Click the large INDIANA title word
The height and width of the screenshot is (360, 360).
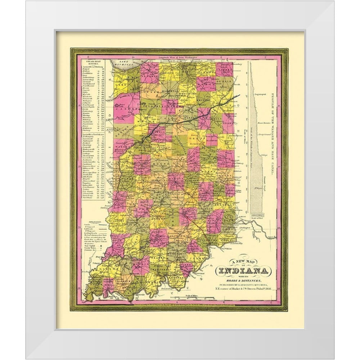pos(241,271)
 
